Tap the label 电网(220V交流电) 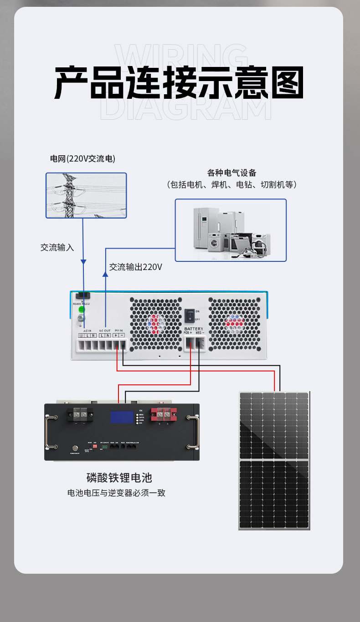pos(82,159)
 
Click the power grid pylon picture pos(86,195)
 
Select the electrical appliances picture pos(231,230)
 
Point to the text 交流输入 pos(57,248)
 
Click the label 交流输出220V pos(136,267)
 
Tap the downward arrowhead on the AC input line pos(83,262)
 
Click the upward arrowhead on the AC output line pos(105,274)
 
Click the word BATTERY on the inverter pos(194,329)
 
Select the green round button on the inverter pos(82,309)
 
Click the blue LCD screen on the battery pos(121,417)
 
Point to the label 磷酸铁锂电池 pos(119,478)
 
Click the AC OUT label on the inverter pos(105,331)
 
